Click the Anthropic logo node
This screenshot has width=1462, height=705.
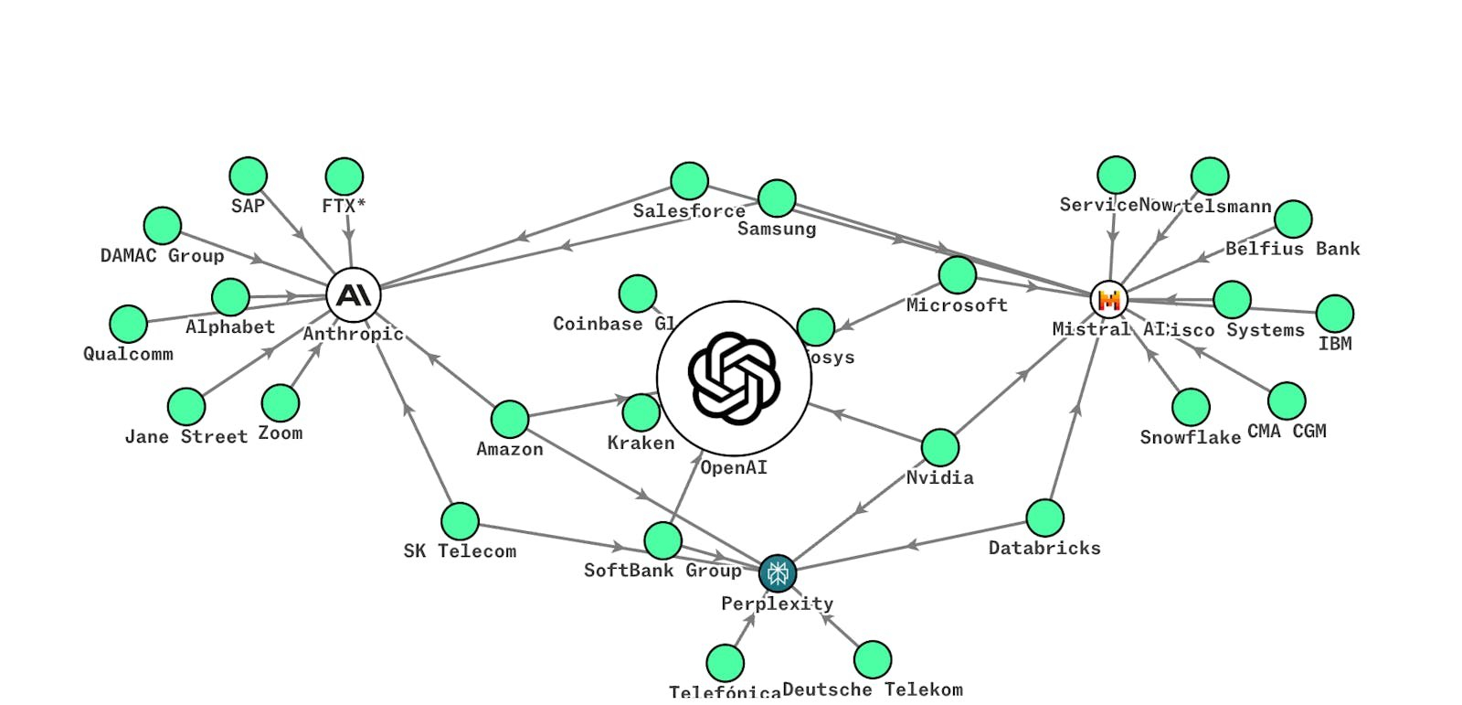tap(353, 295)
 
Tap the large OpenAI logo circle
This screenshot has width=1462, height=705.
tap(734, 379)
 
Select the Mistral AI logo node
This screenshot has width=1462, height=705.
tap(1109, 299)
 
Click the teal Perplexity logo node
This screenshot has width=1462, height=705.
tap(778, 573)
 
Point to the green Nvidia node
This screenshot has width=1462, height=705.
tap(939, 448)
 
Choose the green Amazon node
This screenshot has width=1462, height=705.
tap(510, 419)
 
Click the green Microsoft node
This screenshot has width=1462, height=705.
tap(957, 275)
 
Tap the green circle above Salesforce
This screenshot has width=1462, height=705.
tap(689, 181)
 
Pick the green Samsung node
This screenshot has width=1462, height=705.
tap(777, 198)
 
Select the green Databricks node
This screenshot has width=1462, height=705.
tap(1044, 518)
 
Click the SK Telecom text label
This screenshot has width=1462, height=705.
tap(460, 551)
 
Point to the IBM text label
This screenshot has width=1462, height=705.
tap(1335, 344)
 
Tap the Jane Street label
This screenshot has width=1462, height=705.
tap(186, 437)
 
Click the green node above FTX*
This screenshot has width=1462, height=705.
tap(344, 176)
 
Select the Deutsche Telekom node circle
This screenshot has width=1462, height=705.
tap(873, 659)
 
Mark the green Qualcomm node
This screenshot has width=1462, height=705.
tap(129, 324)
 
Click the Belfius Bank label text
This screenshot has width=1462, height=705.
tap(1292, 249)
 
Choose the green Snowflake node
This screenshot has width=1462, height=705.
tap(1191, 407)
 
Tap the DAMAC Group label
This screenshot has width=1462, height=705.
tap(163, 256)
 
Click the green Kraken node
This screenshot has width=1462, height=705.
tap(641, 413)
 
